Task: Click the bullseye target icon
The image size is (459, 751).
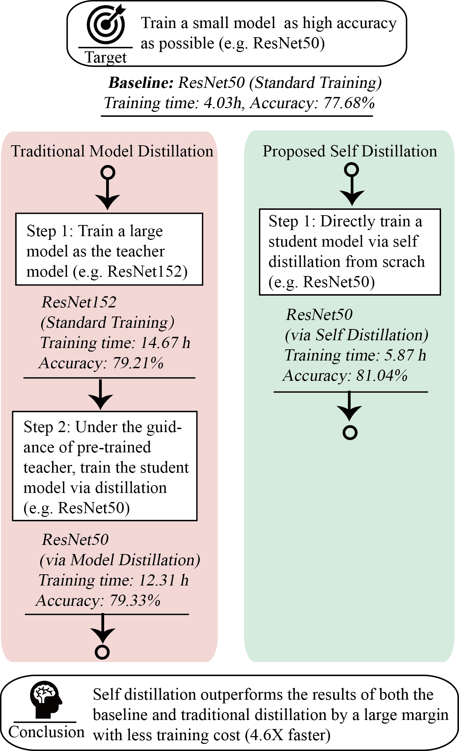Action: click(x=105, y=24)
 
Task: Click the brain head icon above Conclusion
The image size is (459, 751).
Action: click(x=45, y=699)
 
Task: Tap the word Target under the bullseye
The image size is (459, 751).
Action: click(x=105, y=57)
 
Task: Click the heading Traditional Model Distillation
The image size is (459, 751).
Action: click(x=112, y=151)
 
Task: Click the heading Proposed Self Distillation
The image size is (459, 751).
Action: click(x=350, y=151)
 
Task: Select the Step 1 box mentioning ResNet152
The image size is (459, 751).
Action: click(x=109, y=249)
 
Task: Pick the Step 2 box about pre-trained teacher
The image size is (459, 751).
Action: click(x=105, y=466)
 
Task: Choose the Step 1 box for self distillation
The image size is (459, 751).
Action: click(x=350, y=252)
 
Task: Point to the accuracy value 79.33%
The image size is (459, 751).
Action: click(x=135, y=600)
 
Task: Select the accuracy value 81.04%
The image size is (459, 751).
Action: click(x=382, y=375)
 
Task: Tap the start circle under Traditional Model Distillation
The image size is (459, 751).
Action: click(x=107, y=173)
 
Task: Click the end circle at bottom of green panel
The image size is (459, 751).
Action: click(x=350, y=432)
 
